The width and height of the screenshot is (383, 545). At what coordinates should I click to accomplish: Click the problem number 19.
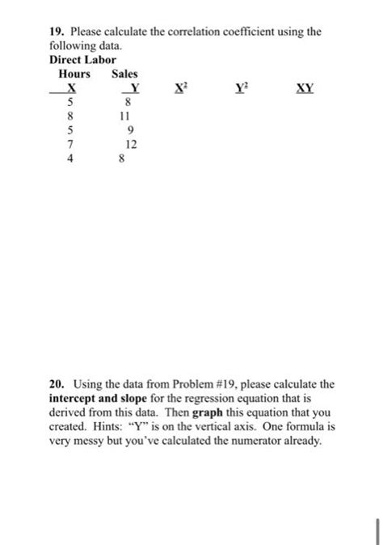55,32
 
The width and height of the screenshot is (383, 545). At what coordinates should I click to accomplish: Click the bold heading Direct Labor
82,60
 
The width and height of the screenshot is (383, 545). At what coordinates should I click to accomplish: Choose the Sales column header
124,74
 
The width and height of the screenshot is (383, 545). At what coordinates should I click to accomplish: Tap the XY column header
304,87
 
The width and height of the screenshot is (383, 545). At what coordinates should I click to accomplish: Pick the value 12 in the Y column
131,145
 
